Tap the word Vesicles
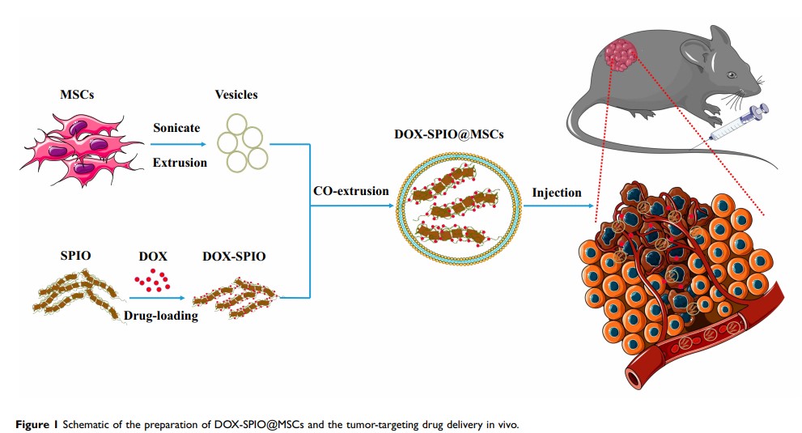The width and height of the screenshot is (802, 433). click(236, 95)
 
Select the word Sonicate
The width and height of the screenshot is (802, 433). click(176, 127)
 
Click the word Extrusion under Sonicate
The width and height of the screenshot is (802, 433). click(180, 162)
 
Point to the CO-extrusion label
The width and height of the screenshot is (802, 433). click(350, 192)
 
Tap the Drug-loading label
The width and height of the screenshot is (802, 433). click(161, 316)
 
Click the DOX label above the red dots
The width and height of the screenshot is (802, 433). click(153, 257)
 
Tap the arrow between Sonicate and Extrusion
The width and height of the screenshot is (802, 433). click(180, 145)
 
